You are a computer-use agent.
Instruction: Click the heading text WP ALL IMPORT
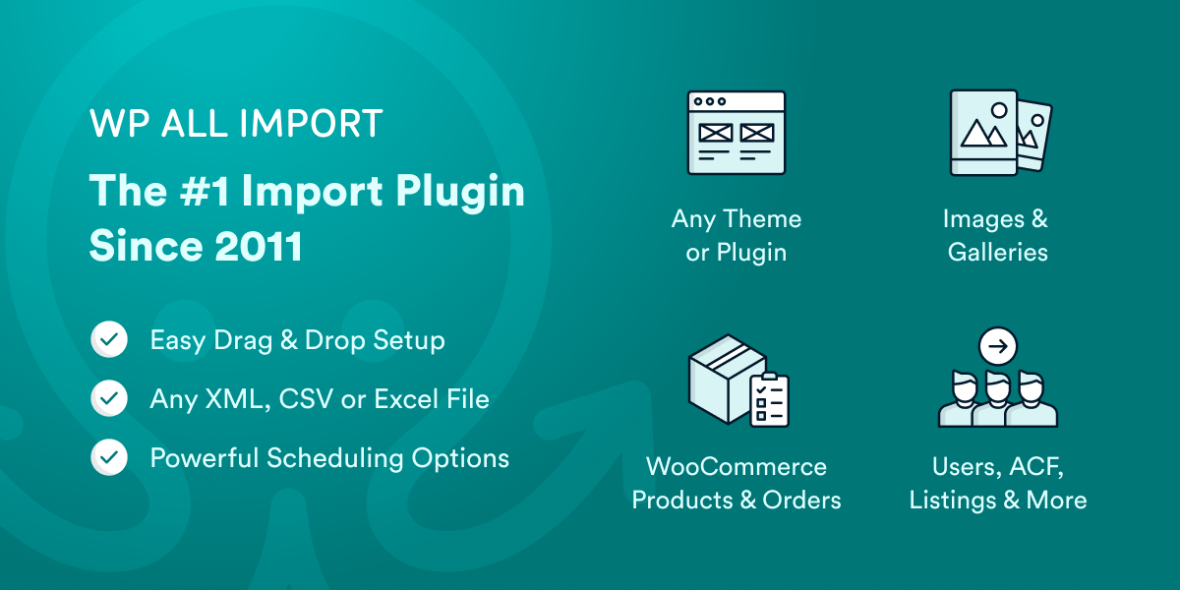tap(236, 125)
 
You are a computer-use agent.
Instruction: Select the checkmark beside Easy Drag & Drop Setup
tap(108, 341)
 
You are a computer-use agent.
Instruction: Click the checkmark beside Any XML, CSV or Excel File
tap(108, 399)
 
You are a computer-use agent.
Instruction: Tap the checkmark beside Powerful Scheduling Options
tap(108, 458)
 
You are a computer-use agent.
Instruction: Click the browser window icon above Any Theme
tap(736, 134)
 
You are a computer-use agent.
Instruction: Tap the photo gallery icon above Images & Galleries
tap(999, 133)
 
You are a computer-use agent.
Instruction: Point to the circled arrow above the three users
tap(998, 346)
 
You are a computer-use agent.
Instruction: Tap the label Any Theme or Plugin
tap(736, 235)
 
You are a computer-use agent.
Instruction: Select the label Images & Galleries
tap(997, 235)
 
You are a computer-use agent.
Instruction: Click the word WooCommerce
tap(736, 466)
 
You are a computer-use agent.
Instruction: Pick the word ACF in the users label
tap(1032, 466)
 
